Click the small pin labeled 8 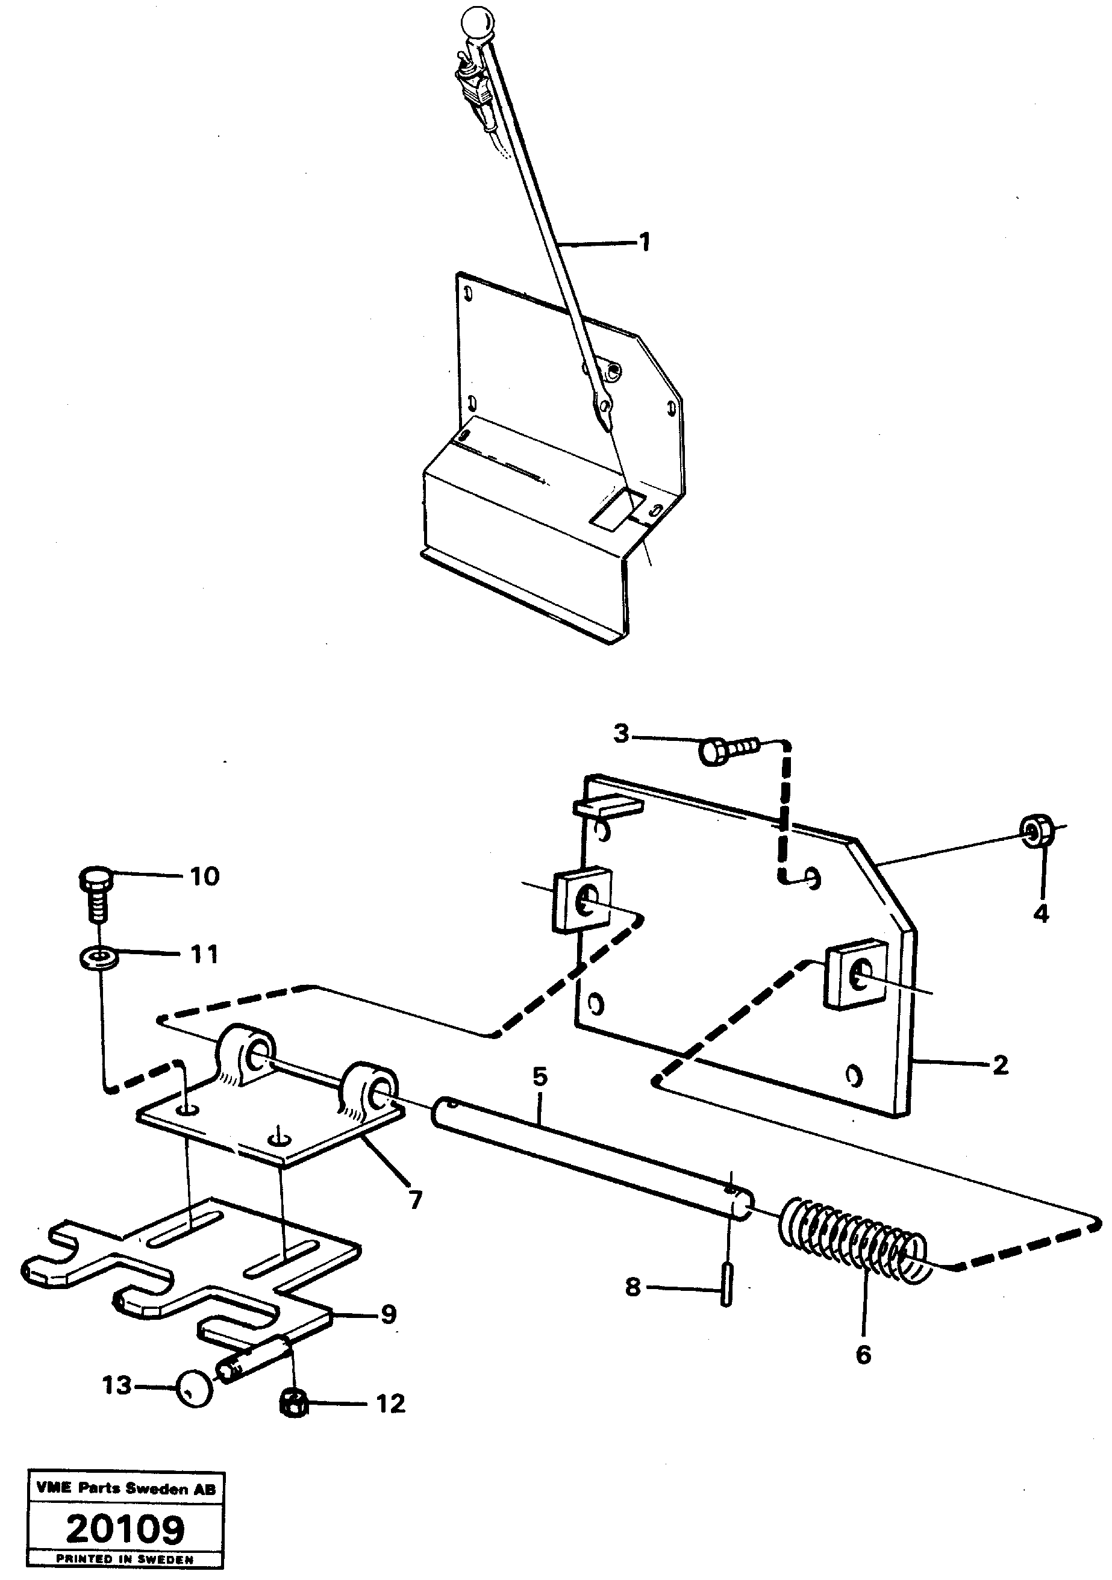(727, 1290)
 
